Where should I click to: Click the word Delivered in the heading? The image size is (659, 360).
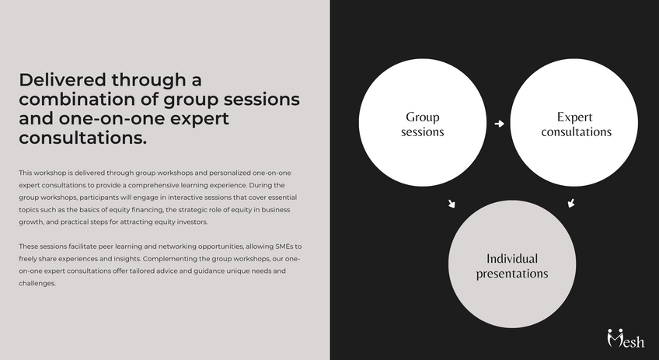(62, 79)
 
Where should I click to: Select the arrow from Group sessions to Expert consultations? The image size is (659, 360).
(499, 124)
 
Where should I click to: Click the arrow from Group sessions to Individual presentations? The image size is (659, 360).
(452, 204)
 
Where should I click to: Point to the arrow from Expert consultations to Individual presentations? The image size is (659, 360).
(571, 203)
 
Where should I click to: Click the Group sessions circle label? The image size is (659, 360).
(423, 124)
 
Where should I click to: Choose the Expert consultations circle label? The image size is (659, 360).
(576, 124)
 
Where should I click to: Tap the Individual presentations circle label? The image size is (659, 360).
(512, 266)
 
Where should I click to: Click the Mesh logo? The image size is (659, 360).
(626, 338)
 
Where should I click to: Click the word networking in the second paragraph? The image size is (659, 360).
(177, 246)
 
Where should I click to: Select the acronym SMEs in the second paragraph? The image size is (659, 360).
(284, 246)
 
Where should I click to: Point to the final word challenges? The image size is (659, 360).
(37, 284)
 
